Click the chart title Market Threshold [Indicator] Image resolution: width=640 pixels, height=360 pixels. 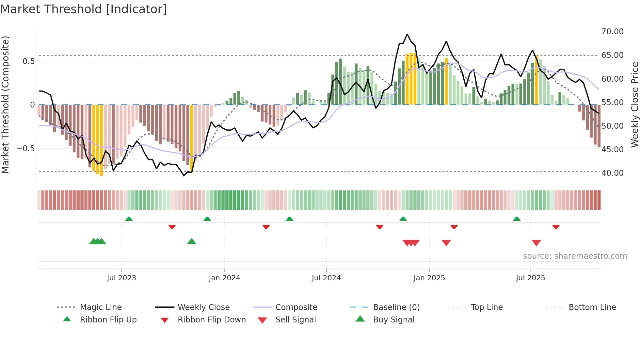pos(84,9)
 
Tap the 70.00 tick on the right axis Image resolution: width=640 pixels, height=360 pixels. pos(612,32)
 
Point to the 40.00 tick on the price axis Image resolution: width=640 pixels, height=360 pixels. pos(612,173)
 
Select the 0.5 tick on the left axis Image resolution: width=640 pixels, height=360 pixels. pos(29,61)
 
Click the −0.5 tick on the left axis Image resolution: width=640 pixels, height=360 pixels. pos(26,149)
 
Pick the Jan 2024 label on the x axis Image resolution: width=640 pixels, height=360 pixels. pos(224,278)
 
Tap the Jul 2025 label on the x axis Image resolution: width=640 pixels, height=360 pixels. pos(530,278)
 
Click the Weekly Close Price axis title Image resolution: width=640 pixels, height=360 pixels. pos(634,105)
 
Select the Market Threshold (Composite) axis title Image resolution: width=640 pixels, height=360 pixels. pos(5,105)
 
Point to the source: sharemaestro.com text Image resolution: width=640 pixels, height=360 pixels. pos(575,256)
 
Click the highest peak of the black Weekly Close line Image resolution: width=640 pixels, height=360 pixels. pos(407,34)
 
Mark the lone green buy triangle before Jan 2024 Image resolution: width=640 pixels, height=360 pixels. pos(192,241)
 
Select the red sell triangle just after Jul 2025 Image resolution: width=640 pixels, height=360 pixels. pos(536,243)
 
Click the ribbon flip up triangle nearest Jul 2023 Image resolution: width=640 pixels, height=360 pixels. pos(129,219)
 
